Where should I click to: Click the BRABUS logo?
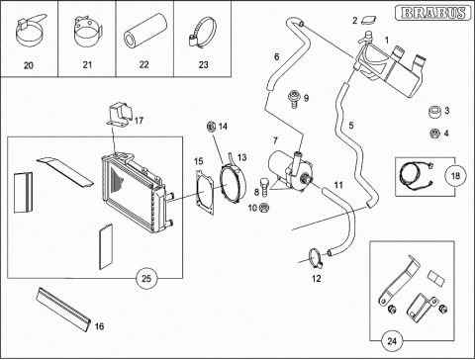coord(433,13)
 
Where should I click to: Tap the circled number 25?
coord(146,278)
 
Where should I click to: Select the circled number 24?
coord(392,340)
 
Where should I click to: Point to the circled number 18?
coord(455,176)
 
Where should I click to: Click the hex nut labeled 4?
coord(435,134)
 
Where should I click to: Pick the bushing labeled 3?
coord(435,112)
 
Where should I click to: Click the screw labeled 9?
coord(293,99)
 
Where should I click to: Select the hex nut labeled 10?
coord(264,208)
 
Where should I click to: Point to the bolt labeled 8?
coord(264,186)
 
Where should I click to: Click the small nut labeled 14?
coord(211,126)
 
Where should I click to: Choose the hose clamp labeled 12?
coord(317,258)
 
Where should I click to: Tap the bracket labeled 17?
coord(119,114)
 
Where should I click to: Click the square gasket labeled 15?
coord(205,192)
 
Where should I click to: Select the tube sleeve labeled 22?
coord(144,31)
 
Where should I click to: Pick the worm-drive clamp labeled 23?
coord(203,34)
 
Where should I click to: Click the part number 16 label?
coord(99,326)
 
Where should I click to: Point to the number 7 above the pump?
coord(275,141)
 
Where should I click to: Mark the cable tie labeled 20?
coord(29,32)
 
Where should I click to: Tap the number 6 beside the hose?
coord(277,57)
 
